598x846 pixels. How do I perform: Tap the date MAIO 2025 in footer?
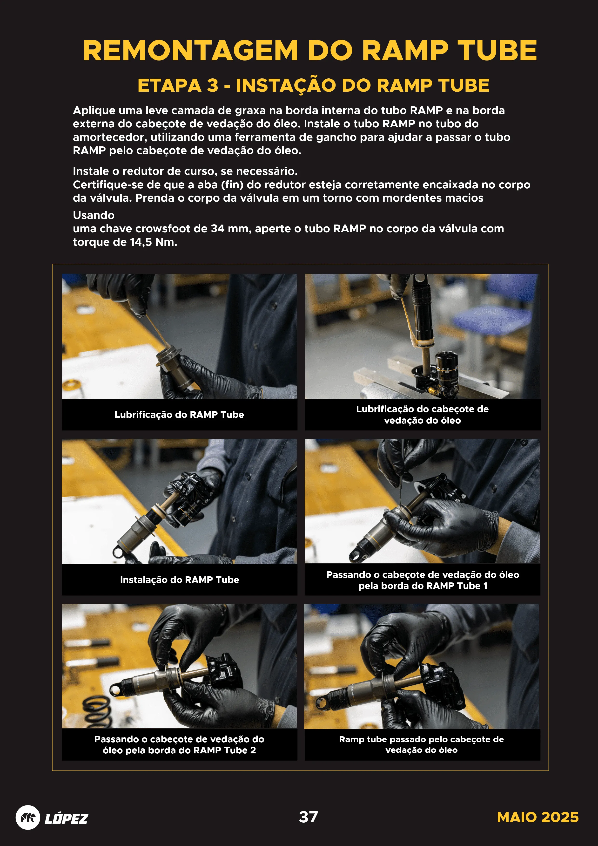point(537,817)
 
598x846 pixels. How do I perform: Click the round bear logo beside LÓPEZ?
point(28,817)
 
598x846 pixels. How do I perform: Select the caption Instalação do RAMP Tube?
point(179,580)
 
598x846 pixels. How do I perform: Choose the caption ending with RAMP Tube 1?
point(422,580)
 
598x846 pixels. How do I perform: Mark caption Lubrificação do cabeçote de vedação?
point(422,415)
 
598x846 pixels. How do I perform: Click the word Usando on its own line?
point(94,215)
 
